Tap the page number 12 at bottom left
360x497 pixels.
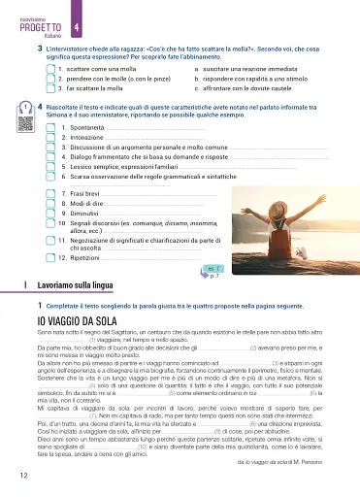(x=21, y=476)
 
